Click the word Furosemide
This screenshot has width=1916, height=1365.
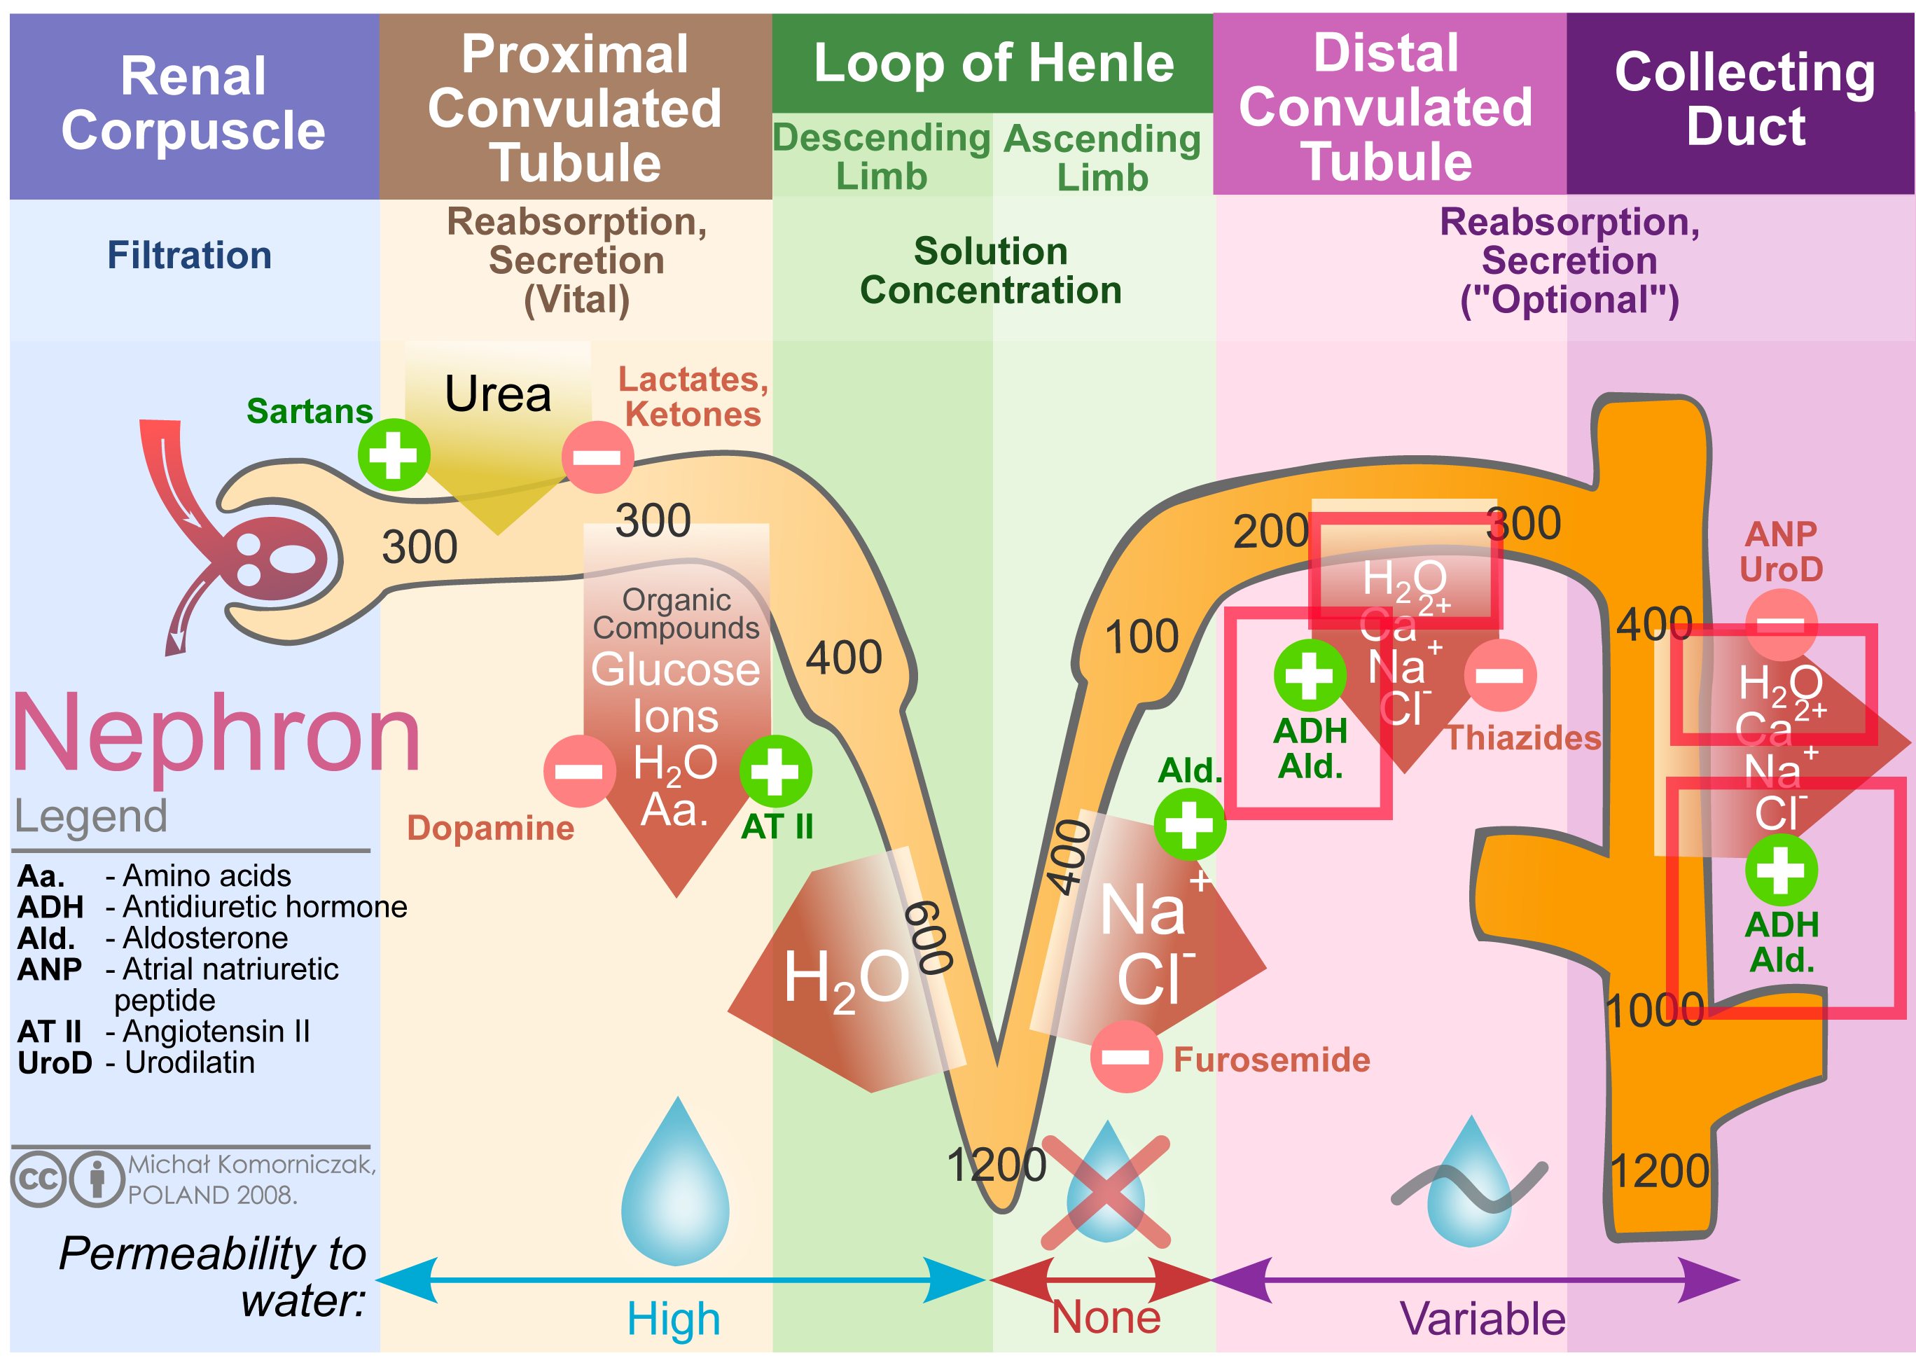1270,1060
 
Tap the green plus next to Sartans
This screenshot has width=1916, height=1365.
394,455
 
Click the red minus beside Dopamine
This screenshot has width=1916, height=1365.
578,771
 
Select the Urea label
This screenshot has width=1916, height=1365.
497,394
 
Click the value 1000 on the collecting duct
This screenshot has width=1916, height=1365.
1654,1009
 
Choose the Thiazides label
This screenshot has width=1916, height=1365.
1522,738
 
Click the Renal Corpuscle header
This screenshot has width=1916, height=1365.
193,104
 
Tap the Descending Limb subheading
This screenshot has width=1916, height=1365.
881,157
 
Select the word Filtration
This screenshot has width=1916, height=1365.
189,256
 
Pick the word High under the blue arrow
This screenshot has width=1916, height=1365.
673,1319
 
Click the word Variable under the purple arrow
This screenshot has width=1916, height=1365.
1482,1319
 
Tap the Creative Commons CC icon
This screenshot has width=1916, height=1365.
38,1179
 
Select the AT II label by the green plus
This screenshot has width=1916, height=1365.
777,827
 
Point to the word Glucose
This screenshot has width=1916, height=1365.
675,670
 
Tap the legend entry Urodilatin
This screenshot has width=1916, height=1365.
189,1062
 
